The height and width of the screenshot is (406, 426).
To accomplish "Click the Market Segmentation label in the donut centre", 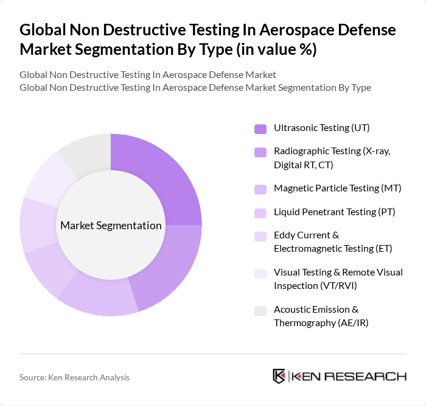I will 111,226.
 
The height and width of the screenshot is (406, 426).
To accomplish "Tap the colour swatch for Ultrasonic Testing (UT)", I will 260,129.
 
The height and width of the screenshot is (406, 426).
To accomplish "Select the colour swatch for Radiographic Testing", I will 260,152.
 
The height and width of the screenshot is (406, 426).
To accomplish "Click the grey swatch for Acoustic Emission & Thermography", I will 260,310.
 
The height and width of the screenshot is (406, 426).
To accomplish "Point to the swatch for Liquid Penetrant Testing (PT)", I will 260,213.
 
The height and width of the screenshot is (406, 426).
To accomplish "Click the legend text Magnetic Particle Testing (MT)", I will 337,188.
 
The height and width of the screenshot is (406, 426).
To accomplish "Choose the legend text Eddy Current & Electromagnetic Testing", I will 333,241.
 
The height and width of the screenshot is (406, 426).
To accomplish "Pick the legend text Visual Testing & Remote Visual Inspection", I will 338,279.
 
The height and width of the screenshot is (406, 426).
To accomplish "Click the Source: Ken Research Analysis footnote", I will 74,377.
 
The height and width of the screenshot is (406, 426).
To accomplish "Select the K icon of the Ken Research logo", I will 279,376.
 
